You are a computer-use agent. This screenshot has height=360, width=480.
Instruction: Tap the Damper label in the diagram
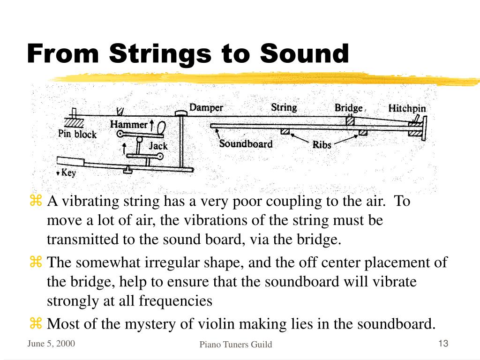point(206,107)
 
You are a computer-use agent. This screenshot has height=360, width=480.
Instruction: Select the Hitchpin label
point(407,108)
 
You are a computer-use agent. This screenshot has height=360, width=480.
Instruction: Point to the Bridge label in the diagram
point(348,108)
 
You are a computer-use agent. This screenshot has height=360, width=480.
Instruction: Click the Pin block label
point(77,134)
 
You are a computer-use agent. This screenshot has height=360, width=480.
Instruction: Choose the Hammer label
point(128,125)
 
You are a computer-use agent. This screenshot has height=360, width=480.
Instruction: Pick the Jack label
point(158,146)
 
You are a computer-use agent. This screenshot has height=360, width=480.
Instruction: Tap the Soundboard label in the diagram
point(246,143)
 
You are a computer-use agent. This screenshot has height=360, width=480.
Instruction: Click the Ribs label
point(322,145)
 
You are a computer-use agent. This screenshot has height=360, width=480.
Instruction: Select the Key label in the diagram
point(68,173)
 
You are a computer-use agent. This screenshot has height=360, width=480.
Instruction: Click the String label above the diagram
point(284,107)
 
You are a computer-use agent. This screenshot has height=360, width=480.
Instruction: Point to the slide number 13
point(443,344)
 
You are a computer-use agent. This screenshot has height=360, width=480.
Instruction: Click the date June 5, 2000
point(51,344)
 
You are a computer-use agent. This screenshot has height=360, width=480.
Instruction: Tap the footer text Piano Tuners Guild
point(236,345)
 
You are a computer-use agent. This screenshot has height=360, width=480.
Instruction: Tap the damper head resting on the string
point(181,113)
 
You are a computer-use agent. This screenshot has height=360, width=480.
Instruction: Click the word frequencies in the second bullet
point(176,301)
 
